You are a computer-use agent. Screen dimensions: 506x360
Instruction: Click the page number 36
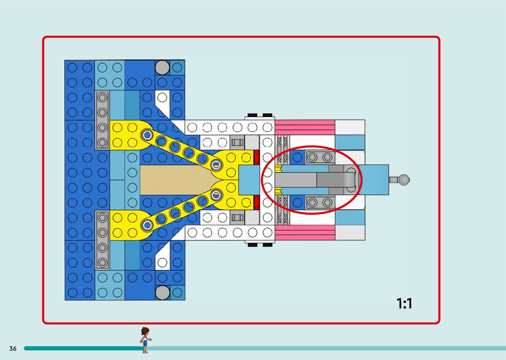click(x=13, y=348)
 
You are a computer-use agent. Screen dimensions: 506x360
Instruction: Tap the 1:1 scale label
click(x=404, y=303)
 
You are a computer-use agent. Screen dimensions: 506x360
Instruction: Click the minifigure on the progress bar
click(x=145, y=340)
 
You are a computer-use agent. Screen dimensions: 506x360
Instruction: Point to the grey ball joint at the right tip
click(x=404, y=180)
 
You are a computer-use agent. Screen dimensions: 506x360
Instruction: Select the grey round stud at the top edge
click(x=162, y=67)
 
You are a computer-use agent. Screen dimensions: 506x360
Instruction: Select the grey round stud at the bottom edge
click(x=162, y=293)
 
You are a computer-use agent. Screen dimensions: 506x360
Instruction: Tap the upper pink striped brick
click(x=305, y=127)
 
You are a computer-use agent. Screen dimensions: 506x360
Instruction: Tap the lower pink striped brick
click(x=305, y=232)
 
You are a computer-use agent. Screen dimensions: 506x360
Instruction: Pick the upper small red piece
click(x=256, y=157)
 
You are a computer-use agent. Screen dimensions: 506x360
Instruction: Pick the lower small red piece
click(x=256, y=202)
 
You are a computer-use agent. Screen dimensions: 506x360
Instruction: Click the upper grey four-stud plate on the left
click(x=102, y=120)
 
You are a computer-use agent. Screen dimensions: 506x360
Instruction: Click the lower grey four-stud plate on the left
click(x=102, y=240)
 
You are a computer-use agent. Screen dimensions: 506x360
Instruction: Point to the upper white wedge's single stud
click(x=162, y=98)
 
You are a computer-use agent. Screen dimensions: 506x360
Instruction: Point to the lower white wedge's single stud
click(x=162, y=262)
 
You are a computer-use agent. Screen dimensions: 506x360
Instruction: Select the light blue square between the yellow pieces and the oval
click(x=249, y=180)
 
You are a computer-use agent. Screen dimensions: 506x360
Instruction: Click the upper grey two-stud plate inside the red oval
click(x=320, y=157)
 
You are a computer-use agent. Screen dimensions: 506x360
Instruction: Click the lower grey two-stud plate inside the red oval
click(x=320, y=202)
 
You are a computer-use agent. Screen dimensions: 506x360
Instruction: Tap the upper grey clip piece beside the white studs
click(x=237, y=142)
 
